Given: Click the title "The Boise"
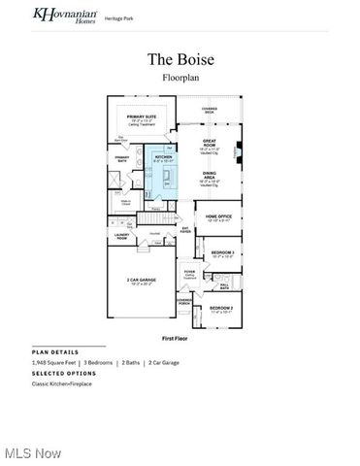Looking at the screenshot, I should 180,59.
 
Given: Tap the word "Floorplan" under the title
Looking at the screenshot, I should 180,79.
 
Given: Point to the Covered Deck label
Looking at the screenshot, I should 210,111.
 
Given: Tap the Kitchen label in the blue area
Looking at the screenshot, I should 163,156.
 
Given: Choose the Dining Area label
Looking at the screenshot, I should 209,175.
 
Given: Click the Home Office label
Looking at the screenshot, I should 217,217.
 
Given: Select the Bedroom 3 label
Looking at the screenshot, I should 222,253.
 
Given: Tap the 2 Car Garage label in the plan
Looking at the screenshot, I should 141,282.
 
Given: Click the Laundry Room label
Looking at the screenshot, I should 122,236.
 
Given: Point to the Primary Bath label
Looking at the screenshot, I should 123,158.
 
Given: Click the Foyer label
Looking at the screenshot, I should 189,272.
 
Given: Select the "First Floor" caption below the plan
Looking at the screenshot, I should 180,338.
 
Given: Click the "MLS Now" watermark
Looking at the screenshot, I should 31,453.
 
